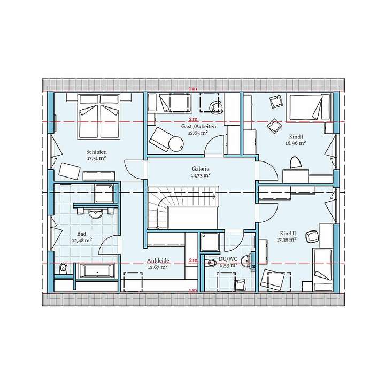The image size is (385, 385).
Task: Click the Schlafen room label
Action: pyautogui.click(x=97, y=151)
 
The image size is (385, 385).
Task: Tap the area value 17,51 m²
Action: pyautogui.click(x=97, y=158)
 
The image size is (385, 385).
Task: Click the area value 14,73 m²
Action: pyautogui.click(x=201, y=175)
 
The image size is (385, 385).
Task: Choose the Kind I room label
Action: pyautogui.click(x=295, y=137)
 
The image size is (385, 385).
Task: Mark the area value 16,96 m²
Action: pyautogui.click(x=295, y=143)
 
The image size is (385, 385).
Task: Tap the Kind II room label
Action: pyautogui.click(x=287, y=234)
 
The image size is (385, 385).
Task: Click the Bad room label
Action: pyautogui.click(x=82, y=234)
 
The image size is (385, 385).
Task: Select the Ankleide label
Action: pyautogui.click(x=158, y=260)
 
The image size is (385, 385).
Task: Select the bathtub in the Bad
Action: pyautogui.click(x=97, y=271)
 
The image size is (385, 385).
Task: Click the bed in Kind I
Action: pyautogui.click(x=309, y=107)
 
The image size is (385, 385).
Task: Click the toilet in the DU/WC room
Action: pyautogui.click(x=210, y=263)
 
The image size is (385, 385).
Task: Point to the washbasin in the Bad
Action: pyautogui.click(x=96, y=214)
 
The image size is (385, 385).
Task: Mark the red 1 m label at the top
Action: pyautogui.click(x=192, y=88)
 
